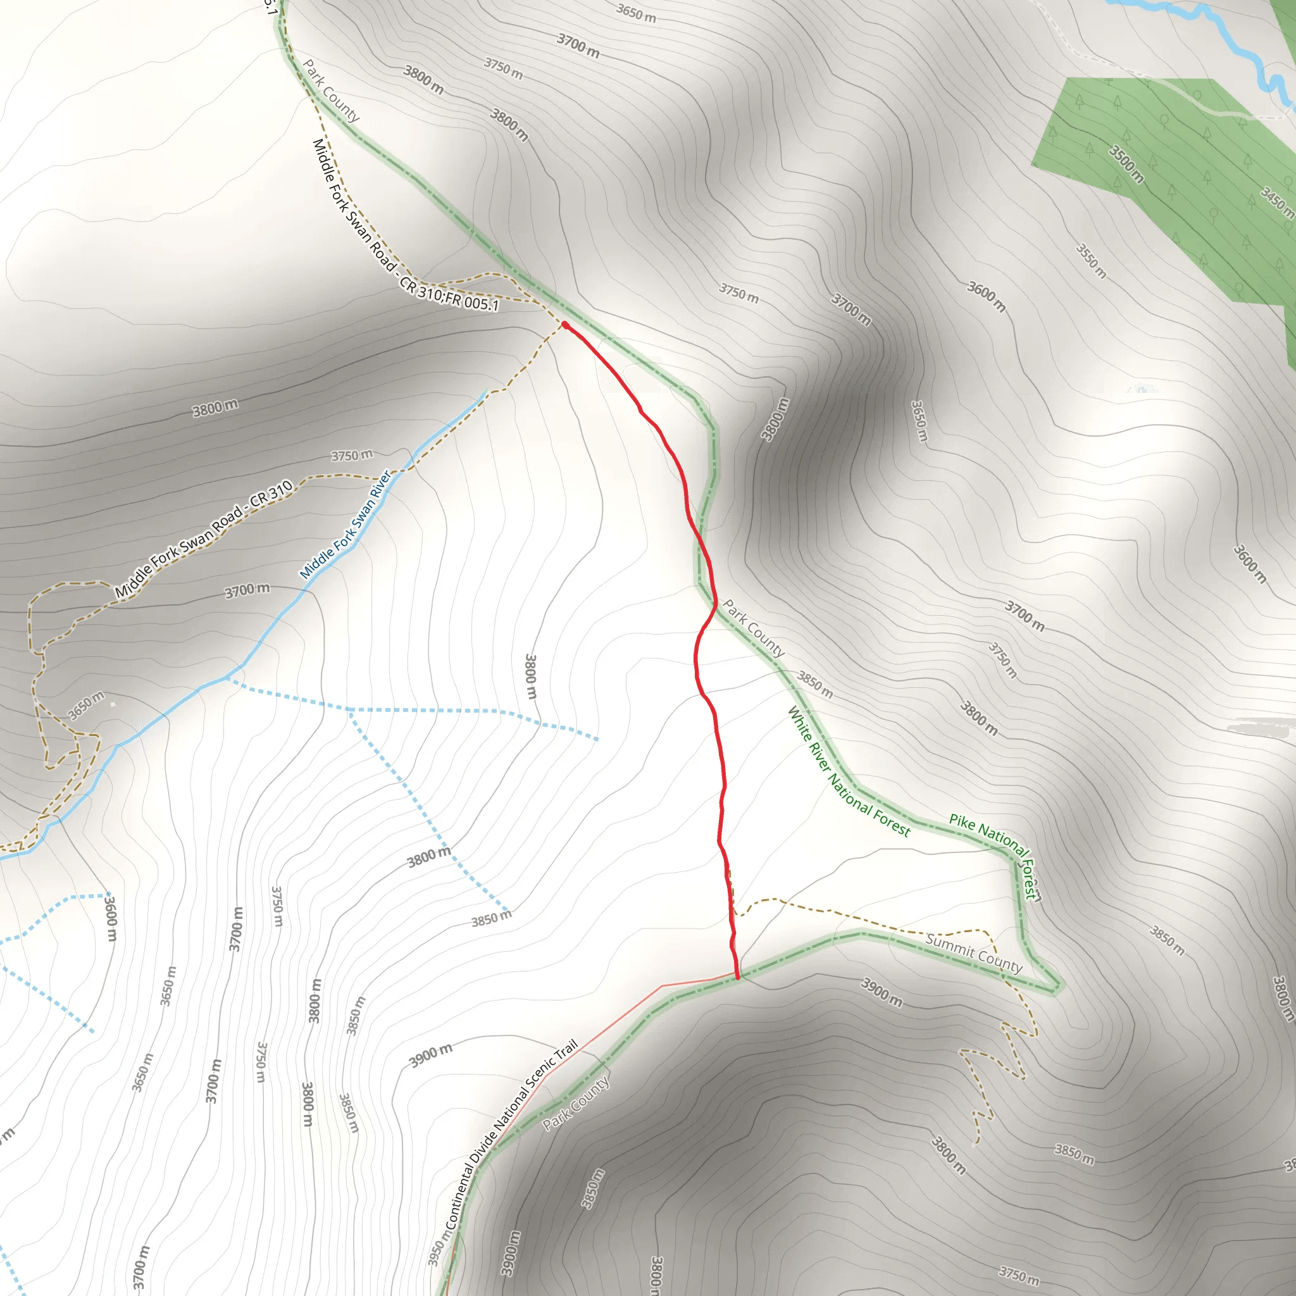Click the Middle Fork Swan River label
(345, 525)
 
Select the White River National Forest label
(848, 772)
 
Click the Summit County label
(973, 952)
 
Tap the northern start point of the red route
(565, 325)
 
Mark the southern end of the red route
(738, 977)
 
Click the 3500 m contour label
(1126, 164)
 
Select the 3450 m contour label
(1276, 202)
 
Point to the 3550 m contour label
(1092, 261)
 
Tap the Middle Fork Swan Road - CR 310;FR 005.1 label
(405, 225)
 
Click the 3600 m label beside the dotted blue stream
(111, 918)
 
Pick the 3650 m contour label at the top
(636, 13)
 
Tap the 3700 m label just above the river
(247, 590)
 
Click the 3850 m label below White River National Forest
(815, 684)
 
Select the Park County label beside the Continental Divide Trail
(576, 1103)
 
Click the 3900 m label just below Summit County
(882, 992)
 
